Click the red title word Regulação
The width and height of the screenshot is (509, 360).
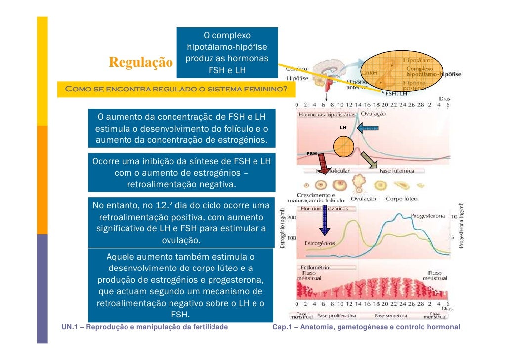(x=141, y=64)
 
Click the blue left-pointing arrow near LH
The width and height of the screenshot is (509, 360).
(x=367, y=129)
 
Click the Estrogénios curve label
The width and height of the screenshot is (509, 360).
(x=319, y=243)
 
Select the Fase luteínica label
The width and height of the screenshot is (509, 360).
(x=396, y=171)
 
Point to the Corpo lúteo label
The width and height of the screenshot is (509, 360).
(x=401, y=199)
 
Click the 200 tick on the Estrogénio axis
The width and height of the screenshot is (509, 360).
(x=292, y=218)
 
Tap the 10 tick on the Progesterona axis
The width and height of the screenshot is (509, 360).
(x=453, y=217)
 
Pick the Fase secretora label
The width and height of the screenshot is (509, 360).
(x=390, y=315)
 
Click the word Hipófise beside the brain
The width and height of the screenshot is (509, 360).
(x=297, y=78)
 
